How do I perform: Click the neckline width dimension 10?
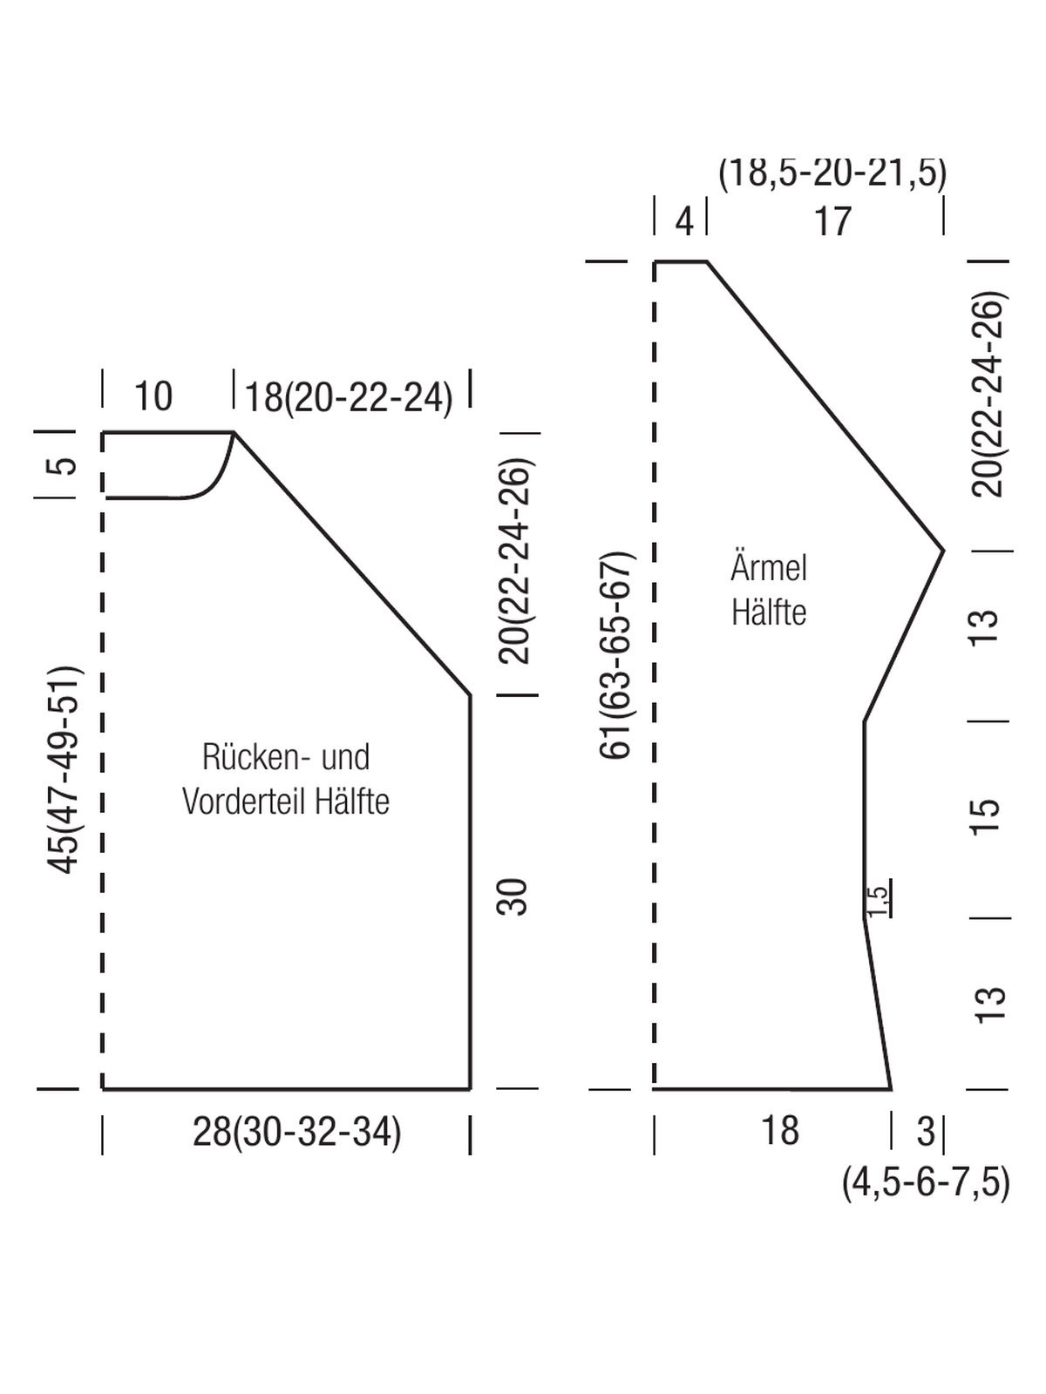pos(153,396)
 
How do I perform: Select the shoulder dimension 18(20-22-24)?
pos(349,398)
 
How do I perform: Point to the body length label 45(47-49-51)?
pos(65,769)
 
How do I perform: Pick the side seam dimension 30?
pos(512,897)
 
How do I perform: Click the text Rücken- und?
pos(286,757)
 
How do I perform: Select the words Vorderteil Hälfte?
pos(286,801)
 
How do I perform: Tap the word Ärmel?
pos(769,566)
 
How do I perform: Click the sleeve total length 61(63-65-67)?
pos(615,655)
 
